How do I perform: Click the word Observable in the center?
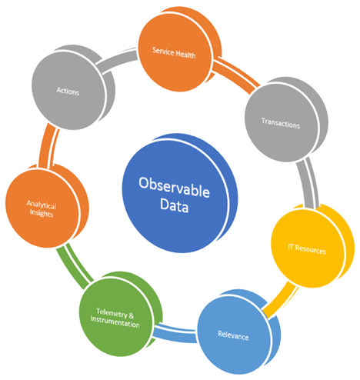tap(174, 187)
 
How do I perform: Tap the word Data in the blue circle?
tap(175, 205)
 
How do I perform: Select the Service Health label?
tap(174, 53)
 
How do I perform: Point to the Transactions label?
tap(281, 123)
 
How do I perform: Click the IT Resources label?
tap(307, 249)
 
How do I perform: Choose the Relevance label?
tap(233, 335)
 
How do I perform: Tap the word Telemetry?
tap(112, 313)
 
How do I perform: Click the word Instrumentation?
tap(115, 322)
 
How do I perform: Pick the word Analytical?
tap(42, 205)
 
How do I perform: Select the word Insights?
tap(42, 213)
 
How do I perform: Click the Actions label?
tap(68, 91)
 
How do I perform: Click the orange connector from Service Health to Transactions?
tap(236, 75)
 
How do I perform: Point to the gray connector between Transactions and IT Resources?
tap(308, 182)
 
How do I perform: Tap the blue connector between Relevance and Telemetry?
tap(175, 333)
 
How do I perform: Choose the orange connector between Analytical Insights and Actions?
tap(48, 146)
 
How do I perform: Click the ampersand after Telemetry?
tap(131, 315)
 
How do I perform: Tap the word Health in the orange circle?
tap(185, 55)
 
